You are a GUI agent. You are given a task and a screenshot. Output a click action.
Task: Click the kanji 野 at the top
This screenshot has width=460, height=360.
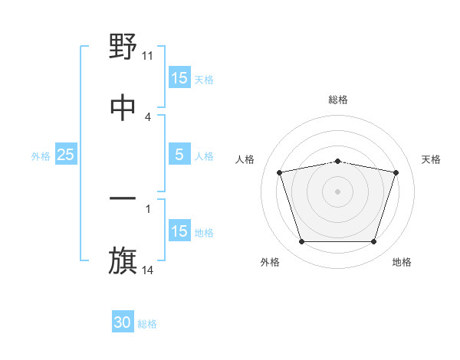[x=123, y=47]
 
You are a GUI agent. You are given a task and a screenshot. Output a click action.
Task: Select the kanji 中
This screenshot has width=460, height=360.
[x=123, y=106]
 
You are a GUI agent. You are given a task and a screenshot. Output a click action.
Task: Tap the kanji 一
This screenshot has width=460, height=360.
[x=123, y=200]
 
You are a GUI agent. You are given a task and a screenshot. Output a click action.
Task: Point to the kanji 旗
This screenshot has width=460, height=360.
[x=123, y=261]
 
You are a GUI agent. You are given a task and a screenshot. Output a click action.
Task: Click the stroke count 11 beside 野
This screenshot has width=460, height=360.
[x=148, y=56]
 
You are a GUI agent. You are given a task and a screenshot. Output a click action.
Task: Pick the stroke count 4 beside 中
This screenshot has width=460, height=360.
[x=148, y=116]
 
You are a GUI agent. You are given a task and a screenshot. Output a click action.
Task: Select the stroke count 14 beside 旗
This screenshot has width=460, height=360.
[x=148, y=270]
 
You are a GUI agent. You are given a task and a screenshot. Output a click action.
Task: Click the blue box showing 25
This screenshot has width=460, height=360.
[x=66, y=155]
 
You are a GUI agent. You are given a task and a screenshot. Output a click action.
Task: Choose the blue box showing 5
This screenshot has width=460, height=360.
[x=179, y=155]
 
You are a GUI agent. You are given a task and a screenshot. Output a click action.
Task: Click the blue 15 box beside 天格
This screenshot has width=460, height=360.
[x=179, y=78]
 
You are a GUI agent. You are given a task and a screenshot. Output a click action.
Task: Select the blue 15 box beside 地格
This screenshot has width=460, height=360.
[x=179, y=231]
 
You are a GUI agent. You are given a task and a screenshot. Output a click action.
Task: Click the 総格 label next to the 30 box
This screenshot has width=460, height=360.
[x=147, y=324]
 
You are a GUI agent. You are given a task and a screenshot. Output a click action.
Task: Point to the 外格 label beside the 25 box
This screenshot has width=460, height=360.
[x=41, y=156]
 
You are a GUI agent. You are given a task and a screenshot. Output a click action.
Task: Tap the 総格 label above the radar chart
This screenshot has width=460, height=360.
[x=338, y=100]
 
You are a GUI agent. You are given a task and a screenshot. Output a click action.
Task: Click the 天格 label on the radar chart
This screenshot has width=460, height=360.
[x=431, y=159]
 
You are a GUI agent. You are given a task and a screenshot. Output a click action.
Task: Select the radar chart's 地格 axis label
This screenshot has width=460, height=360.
[x=402, y=262]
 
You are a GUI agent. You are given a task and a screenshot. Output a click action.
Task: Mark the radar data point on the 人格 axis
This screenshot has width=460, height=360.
[x=280, y=172]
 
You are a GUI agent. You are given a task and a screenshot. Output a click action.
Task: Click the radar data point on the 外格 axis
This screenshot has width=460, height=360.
[x=301, y=242]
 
